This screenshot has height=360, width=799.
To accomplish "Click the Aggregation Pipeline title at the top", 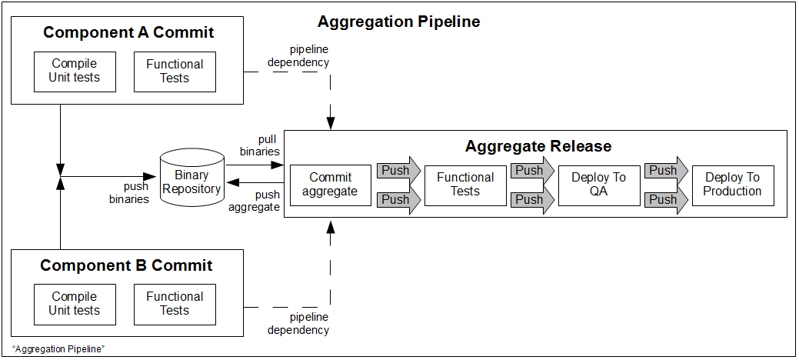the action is pos(398,22).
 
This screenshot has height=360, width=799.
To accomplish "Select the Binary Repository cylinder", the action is pos(192,179).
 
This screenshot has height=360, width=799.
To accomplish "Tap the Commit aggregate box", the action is pos(330,185).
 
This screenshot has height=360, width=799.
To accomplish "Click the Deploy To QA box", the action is pos(599,185).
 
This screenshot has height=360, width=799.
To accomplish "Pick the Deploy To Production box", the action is pos(733,185).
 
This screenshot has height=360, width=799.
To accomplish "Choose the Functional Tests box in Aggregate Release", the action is pos(465,185).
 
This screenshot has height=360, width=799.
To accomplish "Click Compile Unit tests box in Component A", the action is pos(75,72).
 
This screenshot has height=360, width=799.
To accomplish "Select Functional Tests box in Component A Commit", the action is pos(175,72).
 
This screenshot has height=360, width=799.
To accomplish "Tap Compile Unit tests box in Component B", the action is pos(75,304).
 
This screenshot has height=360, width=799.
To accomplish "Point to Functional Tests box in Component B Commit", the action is pos(175,304).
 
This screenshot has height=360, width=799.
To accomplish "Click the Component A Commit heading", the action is pos(128,32).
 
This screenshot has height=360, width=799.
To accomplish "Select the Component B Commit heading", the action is pos(126,265).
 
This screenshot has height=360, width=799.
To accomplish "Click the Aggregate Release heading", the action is pos(538,146).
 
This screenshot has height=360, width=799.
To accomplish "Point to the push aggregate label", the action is pos(254,201).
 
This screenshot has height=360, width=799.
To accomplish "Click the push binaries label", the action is pos(129,193).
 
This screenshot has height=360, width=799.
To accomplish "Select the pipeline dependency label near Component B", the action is pos(298,324).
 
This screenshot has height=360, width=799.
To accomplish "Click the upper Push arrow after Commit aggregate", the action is pos(398,170).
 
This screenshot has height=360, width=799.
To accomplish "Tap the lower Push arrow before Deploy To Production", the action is pos(666,199).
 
